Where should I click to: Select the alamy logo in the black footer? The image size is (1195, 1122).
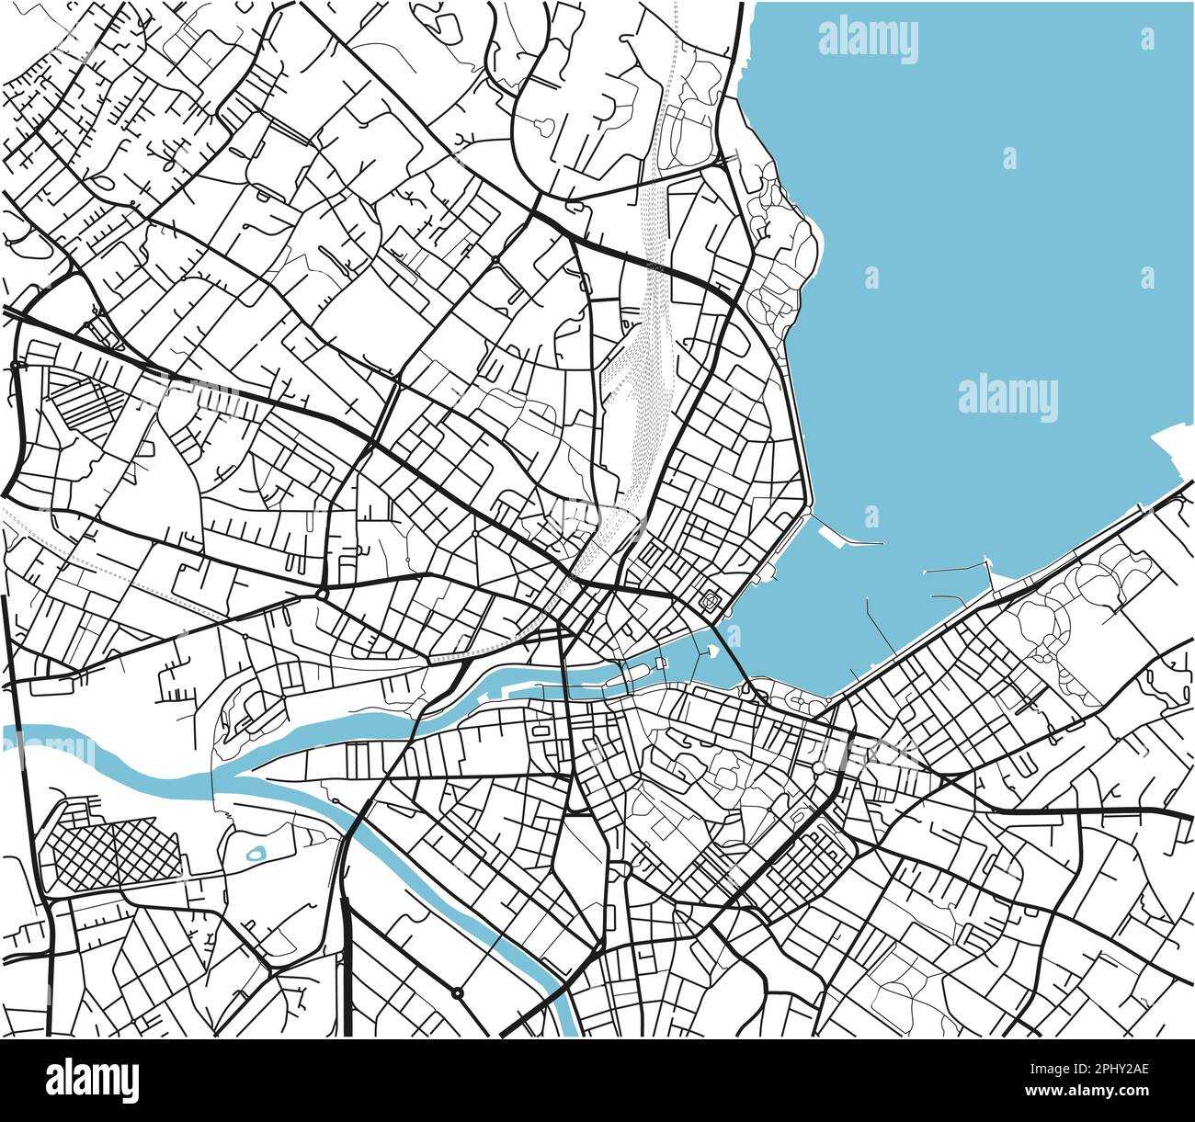pyautogui.click(x=92, y=1080)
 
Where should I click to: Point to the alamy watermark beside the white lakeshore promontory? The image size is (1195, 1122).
pyautogui.click(x=1007, y=399)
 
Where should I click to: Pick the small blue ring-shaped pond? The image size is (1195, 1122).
pyautogui.click(x=256, y=854)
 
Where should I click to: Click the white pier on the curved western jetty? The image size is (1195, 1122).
pyautogui.click(x=846, y=539)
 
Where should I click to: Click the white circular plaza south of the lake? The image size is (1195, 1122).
pyautogui.click(x=817, y=767)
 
